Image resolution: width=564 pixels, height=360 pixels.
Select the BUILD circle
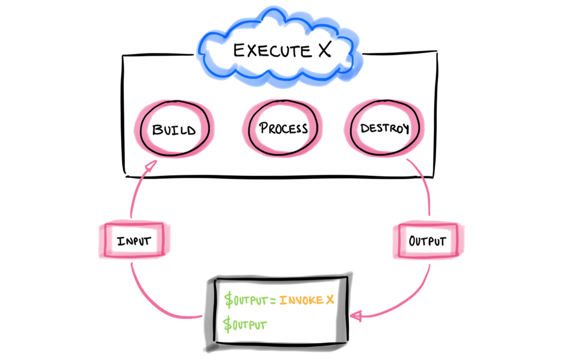pos(173,129)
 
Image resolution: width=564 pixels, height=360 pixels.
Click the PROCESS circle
pos(283,129)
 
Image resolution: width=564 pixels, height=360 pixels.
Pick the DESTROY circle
pos(384,129)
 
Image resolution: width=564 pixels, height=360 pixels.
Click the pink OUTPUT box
pos(427,241)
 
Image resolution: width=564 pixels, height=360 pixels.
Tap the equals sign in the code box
pos(274,301)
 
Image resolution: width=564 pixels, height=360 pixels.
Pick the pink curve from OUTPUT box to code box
pos(413,298)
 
